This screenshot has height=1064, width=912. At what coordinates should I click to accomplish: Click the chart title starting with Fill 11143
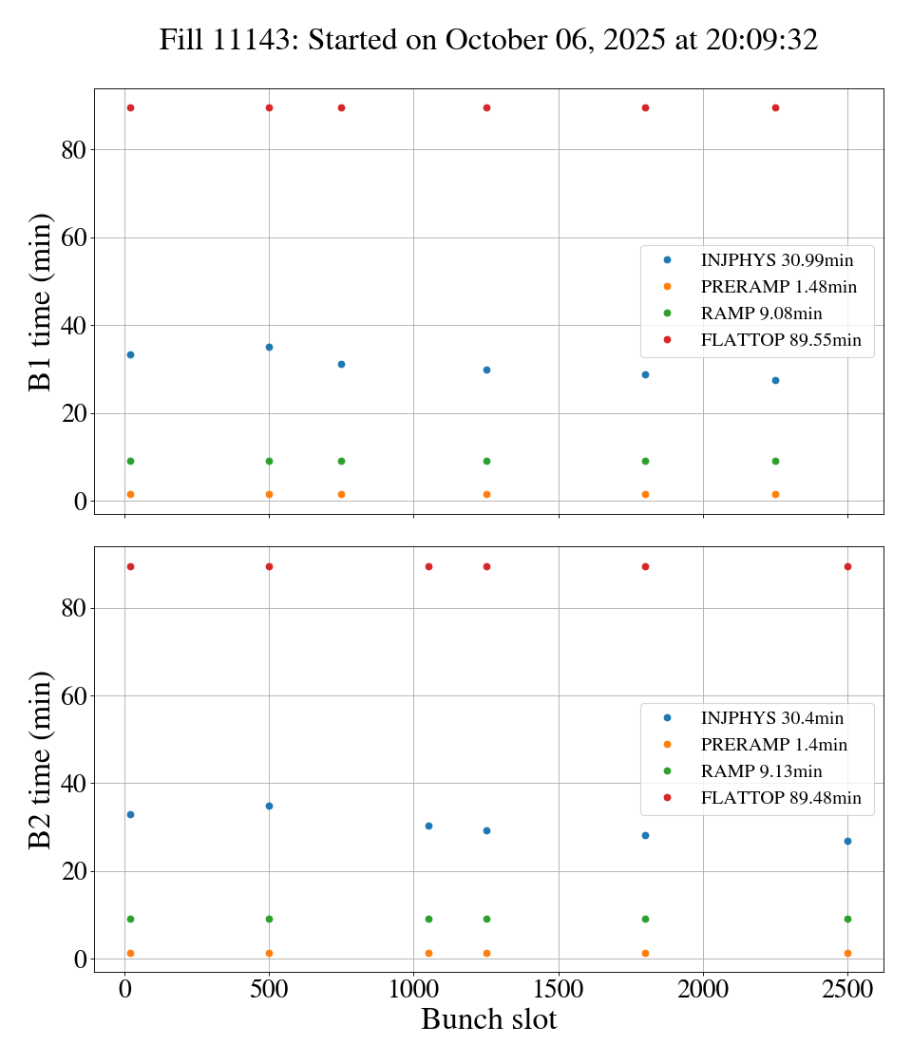pos(488,40)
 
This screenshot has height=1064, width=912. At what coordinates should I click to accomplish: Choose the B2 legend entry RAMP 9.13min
pos(761,771)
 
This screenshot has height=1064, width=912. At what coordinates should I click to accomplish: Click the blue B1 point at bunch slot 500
pos(269,347)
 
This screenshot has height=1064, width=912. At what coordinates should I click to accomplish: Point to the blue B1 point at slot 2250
pos(775,380)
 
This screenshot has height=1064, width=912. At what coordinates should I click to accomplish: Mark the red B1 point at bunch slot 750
pos(341,107)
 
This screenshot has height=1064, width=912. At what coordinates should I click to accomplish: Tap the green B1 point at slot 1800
pos(645,461)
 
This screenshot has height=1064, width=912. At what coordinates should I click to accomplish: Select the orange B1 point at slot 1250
pos(486,494)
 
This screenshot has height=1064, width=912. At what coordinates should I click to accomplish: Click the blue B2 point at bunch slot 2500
pos(847,841)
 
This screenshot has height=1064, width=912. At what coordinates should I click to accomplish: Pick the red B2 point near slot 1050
pos(428,566)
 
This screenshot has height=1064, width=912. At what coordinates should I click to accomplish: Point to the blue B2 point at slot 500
pos(269,806)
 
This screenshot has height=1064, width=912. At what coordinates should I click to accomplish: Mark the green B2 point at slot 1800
pos(645,919)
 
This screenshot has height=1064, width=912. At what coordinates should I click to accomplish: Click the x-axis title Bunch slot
pos(488,1019)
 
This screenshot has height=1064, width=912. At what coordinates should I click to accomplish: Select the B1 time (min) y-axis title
pos(40,301)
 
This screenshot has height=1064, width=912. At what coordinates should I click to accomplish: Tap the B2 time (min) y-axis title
pos(40,759)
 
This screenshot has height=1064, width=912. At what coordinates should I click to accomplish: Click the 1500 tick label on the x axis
pos(559,987)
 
